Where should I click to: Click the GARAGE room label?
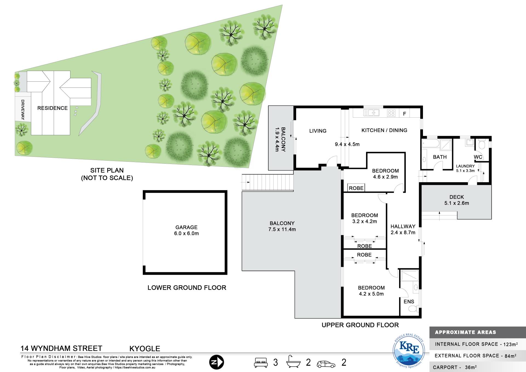click(187, 227)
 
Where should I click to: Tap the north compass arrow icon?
click(216, 362)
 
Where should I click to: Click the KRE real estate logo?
click(409, 351)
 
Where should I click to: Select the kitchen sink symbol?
click(371, 113)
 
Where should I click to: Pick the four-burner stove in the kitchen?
click(391, 113)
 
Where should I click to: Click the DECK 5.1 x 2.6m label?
click(457, 200)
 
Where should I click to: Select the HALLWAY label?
click(403, 226)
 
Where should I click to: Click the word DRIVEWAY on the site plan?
click(23, 110)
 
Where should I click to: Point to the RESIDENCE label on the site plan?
click(52, 108)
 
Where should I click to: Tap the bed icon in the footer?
click(261, 362)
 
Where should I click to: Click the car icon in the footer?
click(326, 364)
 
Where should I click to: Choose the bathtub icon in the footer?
click(293, 362)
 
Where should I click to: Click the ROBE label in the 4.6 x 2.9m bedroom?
click(356, 188)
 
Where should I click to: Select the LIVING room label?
click(318, 131)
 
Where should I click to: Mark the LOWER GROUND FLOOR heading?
click(187, 288)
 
